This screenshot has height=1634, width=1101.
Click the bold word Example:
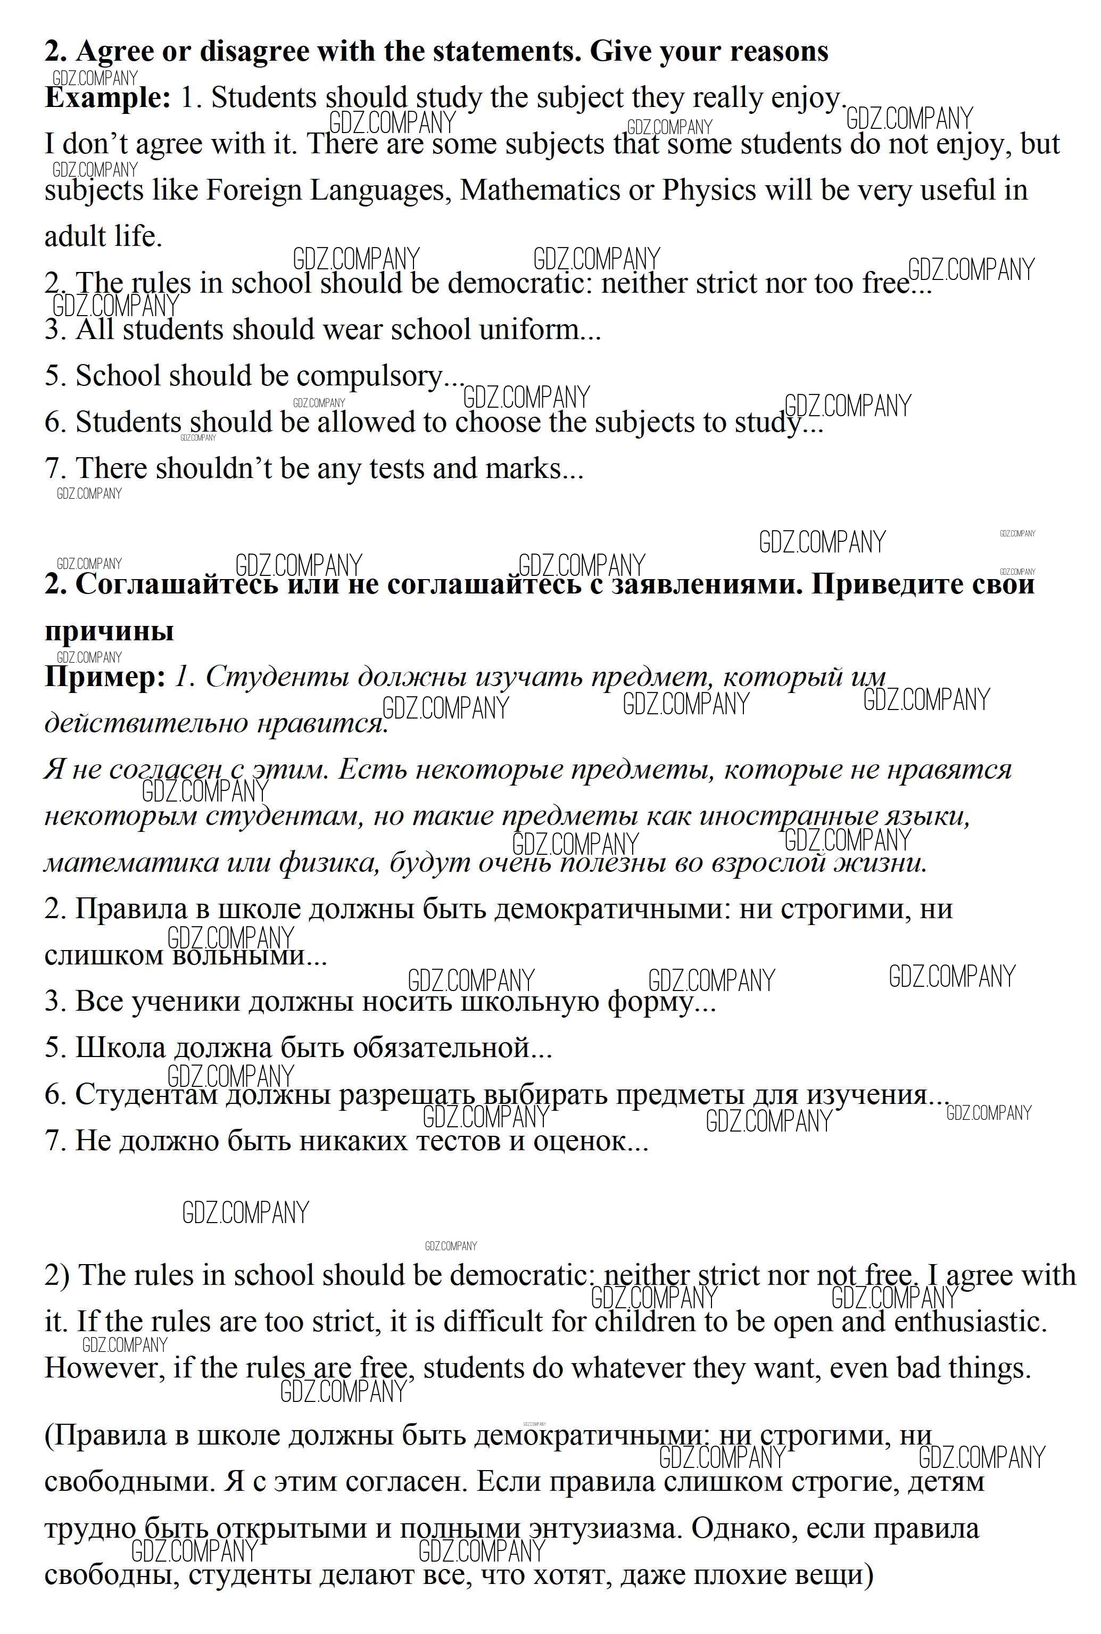(x=107, y=97)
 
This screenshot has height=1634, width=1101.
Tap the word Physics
(x=709, y=191)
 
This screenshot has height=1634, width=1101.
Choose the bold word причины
(x=109, y=631)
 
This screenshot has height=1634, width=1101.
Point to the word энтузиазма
(x=605, y=1529)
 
